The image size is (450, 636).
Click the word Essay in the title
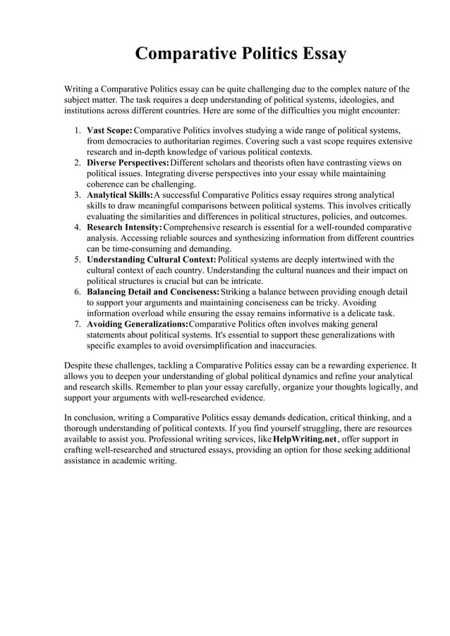click(x=315, y=54)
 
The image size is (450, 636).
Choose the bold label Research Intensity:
click(x=124, y=227)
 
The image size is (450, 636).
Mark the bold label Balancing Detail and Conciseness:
click(x=153, y=292)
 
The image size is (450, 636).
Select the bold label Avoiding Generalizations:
click(x=138, y=324)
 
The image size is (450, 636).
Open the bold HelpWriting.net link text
click(x=305, y=438)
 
